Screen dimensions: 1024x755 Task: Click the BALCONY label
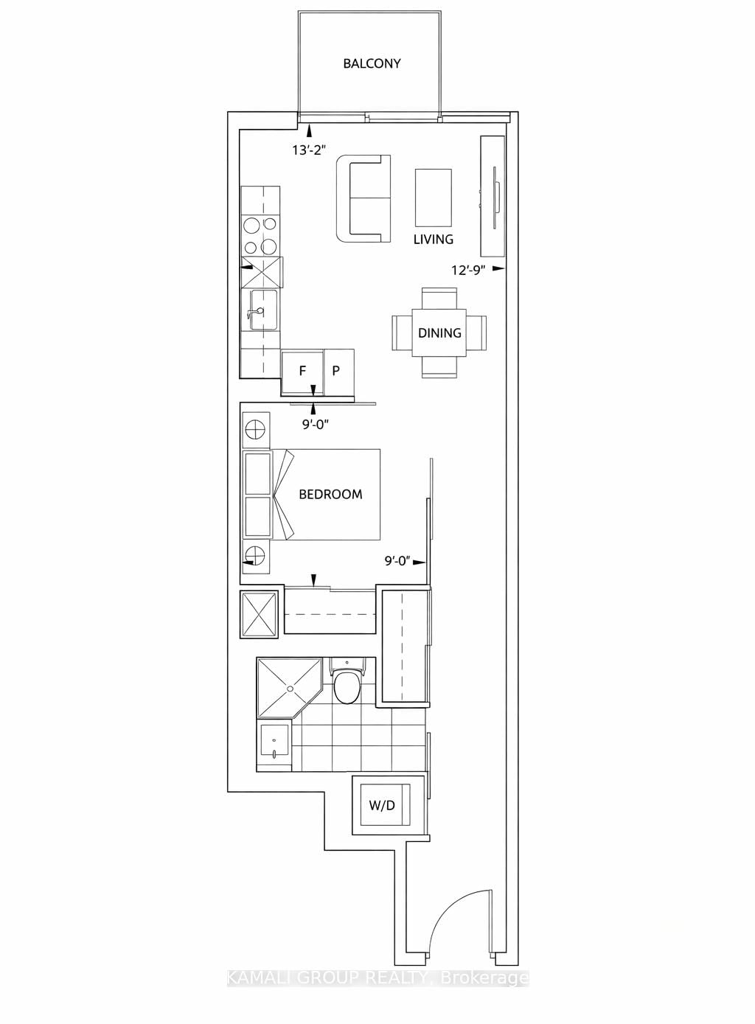click(x=372, y=63)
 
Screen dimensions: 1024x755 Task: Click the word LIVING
click(x=433, y=240)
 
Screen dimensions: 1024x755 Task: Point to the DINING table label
click(x=439, y=333)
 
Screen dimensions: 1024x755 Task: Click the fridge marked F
click(x=302, y=371)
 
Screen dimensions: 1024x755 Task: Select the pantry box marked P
click(x=336, y=371)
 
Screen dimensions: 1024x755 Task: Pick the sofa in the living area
click(x=363, y=198)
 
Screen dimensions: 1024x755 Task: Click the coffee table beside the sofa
click(x=433, y=198)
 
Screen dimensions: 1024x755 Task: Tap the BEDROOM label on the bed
click(x=330, y=495)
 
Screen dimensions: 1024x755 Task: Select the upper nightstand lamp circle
click(x=255, y=428)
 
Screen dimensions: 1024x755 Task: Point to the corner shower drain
click(x=290, y=688)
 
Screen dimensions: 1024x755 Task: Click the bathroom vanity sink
click(x=275, y=746)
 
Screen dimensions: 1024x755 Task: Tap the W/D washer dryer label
click(x=382, y=805)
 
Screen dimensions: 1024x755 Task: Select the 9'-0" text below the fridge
click(x=314, y=424)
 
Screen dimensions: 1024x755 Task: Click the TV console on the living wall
click(x=491, y=195)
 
